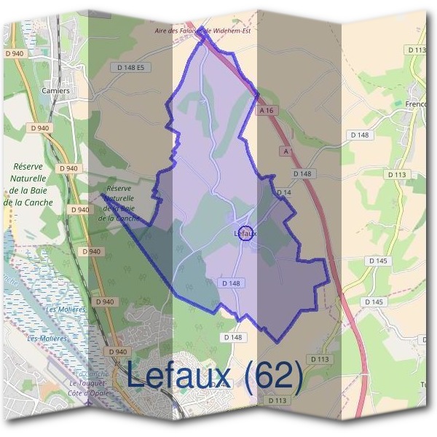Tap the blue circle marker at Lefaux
(247, 233)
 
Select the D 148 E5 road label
(132, 67)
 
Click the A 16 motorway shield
(267, 110)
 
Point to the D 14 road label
(283, 192)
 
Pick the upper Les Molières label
(66, 310)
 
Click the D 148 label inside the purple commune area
(230, 283)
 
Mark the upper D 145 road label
(378, 261)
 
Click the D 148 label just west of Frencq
(360, 135)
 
